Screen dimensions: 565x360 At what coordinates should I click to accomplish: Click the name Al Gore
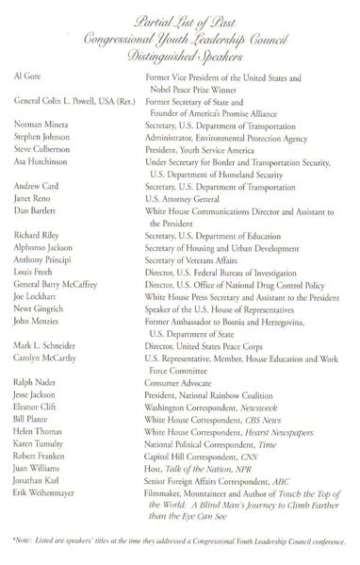coord(28,72)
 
